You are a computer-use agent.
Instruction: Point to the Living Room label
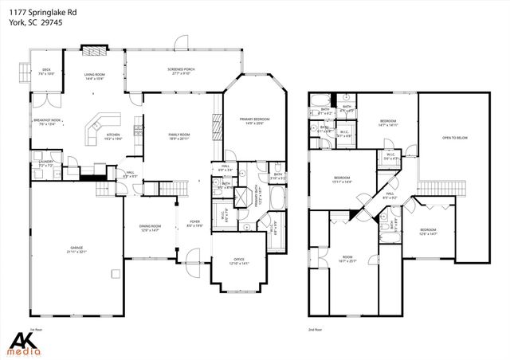coord(96,76)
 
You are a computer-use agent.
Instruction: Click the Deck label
coord(46,72)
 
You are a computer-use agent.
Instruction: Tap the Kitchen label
coord(113,136)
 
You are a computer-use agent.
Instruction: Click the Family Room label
coord(179,136)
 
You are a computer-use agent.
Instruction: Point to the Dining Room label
coord(151,227)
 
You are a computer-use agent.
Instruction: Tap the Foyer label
coord(194,223)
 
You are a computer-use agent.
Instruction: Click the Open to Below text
coord(453,138)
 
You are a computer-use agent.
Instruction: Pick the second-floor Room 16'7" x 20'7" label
coord(347,258)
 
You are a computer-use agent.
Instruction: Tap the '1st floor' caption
coord(34,329)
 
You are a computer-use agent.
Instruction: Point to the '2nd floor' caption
coord(316,329)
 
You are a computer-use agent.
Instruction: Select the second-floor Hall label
coord(390,194)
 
